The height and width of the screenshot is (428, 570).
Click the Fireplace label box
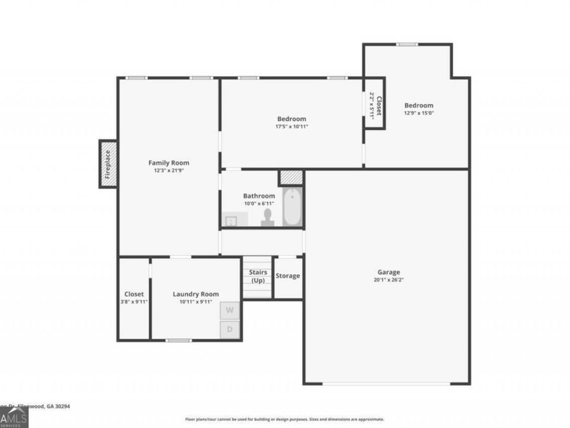coord(108,164)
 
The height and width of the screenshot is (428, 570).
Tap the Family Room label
coord(168,163)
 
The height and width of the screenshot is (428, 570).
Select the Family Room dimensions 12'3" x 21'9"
coord(168,171)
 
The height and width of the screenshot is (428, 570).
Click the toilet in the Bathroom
coord(268,217)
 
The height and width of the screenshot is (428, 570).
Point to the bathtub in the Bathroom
coord(292,207)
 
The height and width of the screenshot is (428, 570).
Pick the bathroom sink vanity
coord(231,221)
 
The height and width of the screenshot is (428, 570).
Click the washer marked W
coord(230,311)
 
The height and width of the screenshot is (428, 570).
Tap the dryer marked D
coord(230,330)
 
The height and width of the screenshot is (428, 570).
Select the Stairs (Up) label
coord(258,276)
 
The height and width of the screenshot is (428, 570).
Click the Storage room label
coord(288,276)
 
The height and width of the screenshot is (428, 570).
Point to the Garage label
coord(389,272)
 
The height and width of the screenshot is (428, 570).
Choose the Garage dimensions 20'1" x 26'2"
coord(389,280)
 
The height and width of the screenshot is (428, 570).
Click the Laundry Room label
coord(196,294)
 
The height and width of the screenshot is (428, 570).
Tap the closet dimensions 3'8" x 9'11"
coord(134,302)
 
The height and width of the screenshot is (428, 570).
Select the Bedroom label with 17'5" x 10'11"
coord(291,119)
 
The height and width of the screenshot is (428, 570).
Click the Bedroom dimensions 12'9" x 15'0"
coord(419,113)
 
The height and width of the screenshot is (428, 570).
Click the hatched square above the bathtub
coord(291,177)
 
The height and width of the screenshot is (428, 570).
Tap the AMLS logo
coord(14,418)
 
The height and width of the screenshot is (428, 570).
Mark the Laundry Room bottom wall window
coord(179,340)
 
